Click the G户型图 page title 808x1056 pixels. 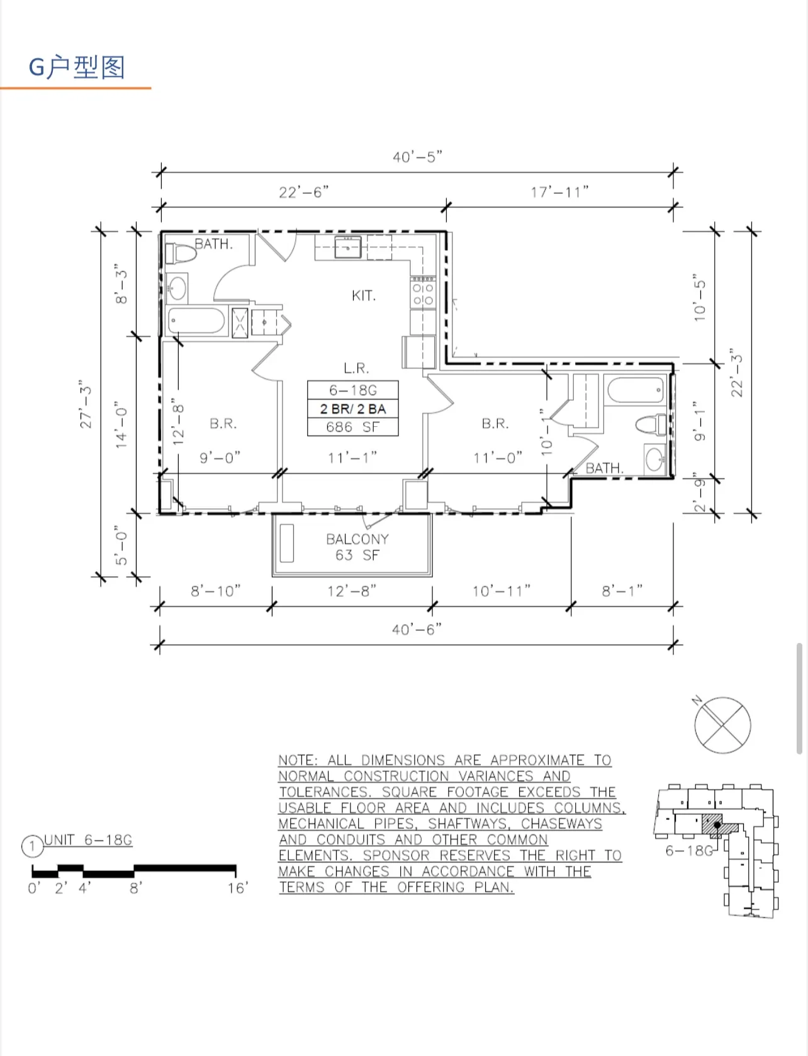[77, 67]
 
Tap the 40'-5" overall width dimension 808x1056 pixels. [417, 157]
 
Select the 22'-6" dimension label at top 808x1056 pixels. [303, 192]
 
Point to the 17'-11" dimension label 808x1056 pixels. [559, 192]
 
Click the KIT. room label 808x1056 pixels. [363, 295]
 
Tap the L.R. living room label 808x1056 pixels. [356, 368]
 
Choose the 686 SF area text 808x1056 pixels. [352, 427]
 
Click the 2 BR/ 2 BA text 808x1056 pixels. [352, 409]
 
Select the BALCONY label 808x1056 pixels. [357, 539]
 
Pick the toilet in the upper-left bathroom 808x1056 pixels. [181, 254]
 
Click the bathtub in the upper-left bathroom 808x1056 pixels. [196, 321]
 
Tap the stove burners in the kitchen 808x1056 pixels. [423, 294]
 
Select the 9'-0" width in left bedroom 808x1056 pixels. [220, 458]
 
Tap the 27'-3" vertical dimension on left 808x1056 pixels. [86, 404]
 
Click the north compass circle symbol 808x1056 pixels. [722, 725]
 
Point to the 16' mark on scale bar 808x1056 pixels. [237, 888]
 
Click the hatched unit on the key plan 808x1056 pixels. [712, 824]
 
